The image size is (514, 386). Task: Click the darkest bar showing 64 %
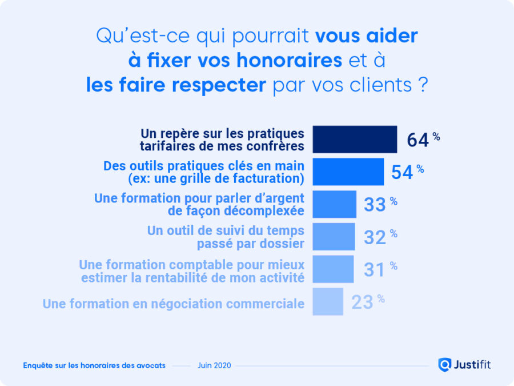355,140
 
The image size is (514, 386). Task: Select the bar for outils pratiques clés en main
348,172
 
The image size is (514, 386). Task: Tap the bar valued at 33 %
334,204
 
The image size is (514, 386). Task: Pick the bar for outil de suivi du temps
334,237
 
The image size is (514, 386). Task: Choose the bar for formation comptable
333,269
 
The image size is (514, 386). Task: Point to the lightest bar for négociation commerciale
328,301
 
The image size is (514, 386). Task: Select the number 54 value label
402,172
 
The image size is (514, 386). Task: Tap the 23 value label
362,302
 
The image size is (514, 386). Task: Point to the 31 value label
375,269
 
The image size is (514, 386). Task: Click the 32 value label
375,237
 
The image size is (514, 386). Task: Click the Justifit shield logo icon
444,364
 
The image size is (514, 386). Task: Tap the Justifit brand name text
472,364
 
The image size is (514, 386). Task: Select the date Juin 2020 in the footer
214,365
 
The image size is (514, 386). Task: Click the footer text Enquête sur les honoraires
94,365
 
